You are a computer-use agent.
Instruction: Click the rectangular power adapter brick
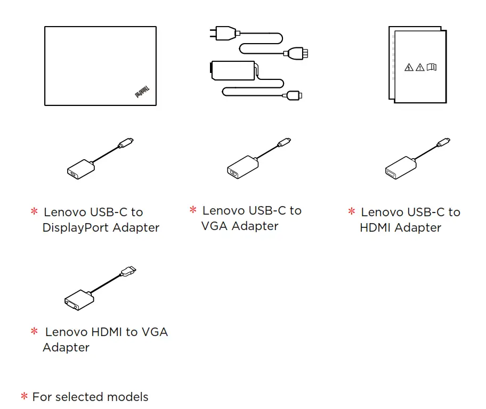pos(232,70)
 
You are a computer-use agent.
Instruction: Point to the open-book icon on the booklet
pos(432,67)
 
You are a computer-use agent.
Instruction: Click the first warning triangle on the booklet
pos(409,67)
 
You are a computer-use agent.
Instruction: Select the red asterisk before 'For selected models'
pos(24,397)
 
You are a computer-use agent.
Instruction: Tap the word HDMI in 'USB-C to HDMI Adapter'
pos(375,227)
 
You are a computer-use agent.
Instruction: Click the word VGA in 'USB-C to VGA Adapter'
pos(215,226)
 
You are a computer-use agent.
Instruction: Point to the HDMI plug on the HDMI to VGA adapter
pos(127,272)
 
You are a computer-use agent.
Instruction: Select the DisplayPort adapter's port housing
pos(80,169)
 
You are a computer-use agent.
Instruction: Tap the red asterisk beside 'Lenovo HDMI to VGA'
pos(34,332)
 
